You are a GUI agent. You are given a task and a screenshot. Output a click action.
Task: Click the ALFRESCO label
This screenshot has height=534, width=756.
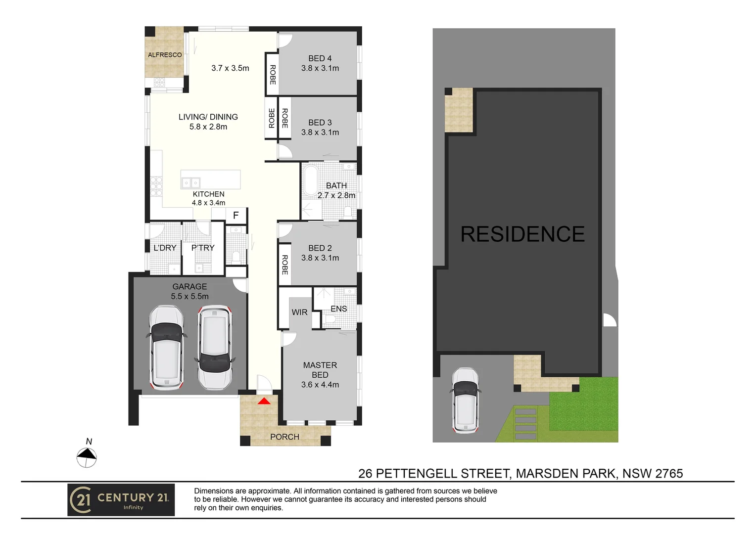165,55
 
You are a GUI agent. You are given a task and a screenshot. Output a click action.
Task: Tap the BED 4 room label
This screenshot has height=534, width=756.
320,58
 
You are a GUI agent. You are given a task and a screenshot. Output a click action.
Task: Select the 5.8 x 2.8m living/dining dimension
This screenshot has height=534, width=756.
208,127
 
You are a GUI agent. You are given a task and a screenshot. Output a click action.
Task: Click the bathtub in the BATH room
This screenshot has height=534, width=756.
311,181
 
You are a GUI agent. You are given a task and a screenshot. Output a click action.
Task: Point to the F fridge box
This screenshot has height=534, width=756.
236,215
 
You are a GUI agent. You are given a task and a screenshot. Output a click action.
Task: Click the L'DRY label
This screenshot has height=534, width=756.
165,248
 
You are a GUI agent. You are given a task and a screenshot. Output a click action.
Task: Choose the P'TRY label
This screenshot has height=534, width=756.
203,248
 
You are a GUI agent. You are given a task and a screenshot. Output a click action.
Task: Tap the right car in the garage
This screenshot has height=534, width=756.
215,347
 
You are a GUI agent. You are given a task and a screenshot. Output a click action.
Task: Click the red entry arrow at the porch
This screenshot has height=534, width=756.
264,400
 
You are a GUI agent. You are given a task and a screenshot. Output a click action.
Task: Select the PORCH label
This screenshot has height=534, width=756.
284,437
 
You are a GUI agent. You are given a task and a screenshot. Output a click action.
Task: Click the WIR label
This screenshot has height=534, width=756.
299,312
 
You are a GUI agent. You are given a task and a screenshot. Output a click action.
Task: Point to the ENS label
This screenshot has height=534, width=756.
338,309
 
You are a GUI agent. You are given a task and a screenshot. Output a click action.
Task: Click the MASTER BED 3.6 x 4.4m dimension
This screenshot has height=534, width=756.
320,385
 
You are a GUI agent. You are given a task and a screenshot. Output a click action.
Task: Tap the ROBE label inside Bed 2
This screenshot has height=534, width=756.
284,265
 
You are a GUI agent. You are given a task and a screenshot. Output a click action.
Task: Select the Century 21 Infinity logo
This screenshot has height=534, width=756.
121,500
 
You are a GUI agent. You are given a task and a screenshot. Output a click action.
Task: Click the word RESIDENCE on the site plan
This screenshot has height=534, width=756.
522,234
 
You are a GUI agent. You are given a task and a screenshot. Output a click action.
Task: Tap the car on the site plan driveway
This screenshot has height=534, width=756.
465,400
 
